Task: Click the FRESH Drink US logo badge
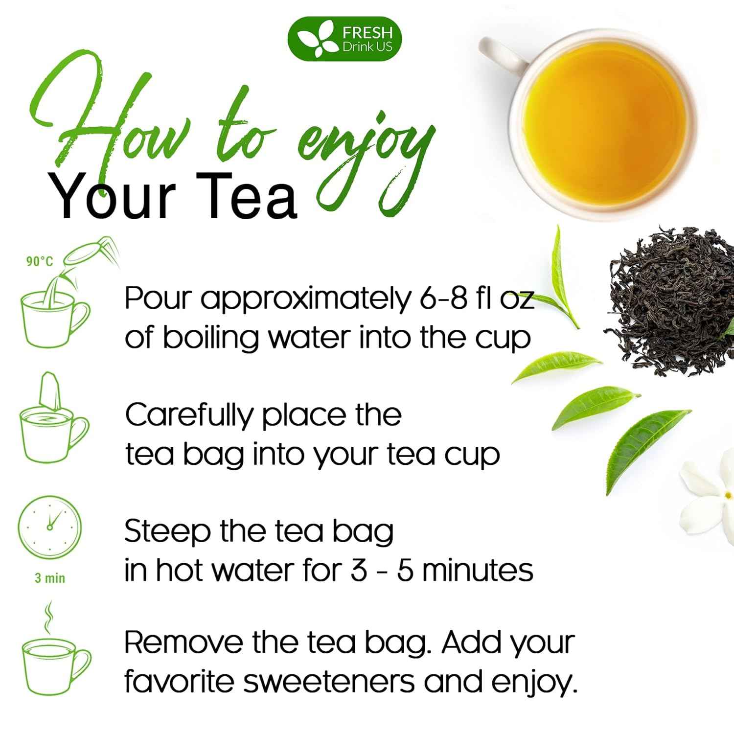click(x=344, y=39)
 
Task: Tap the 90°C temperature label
click(x=40, y=262)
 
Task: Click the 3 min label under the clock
click(x=50, y=578)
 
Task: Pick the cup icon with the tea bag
click(x=53, y=426)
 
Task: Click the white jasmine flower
click(x=710, y=494)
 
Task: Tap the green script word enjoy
click(x=367, y=147)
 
